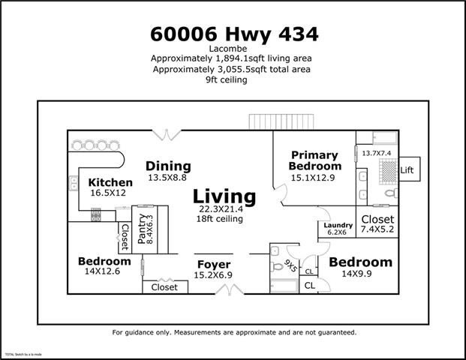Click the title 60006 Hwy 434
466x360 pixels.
click(x=233, y=34)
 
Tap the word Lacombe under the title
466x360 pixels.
click(x=233, y=49)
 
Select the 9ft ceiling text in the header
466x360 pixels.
click(x=233, y=80)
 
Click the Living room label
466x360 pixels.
click(x=224, y=196)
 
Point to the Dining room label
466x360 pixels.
click(x=168, y=166)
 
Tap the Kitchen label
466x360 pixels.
click(x=110, y=182)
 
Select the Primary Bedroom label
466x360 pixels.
click(x=314, y=160)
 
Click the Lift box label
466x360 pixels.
click(x=407, y=170)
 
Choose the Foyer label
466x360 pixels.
click(x=214, y=265)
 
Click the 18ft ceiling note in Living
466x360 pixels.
click(x=224, y=219)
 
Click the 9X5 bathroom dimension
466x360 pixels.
click(x=290, y=265)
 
